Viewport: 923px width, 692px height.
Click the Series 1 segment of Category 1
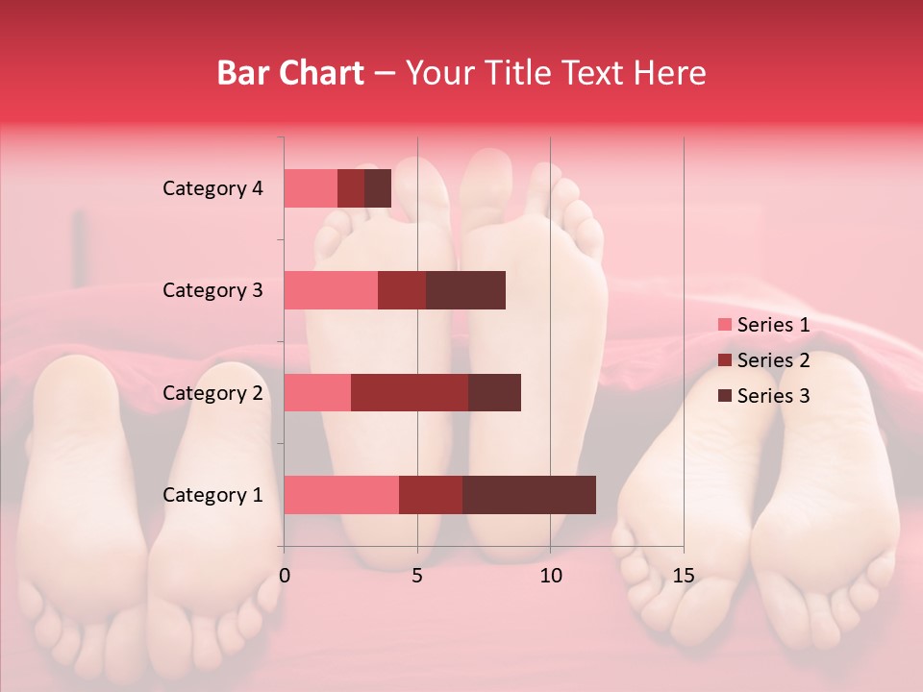point(341,495)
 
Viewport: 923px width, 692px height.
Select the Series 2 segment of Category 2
point(410,392)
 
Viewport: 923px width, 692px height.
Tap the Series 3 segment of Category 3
point(465,290)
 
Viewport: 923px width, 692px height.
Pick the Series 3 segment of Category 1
point(529,495)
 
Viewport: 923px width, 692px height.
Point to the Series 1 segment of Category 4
point(311,188)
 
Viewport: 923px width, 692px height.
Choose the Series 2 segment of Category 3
point(402,290)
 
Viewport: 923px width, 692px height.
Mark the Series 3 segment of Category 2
point(494,392)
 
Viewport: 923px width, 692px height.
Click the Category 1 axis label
point(212,495)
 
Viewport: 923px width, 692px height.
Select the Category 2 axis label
point(212,392)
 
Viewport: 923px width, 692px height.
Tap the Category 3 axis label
point(212,290)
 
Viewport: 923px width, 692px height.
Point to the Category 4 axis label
point(212,188)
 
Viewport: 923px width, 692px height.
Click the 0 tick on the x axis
point(285,576)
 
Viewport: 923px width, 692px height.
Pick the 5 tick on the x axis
point(417,576)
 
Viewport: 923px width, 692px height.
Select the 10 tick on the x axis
point(550,576)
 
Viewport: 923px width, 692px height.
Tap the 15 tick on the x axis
point(683,576)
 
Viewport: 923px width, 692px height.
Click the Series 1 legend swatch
point(724,325)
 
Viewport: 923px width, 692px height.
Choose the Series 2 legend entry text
point(773,360)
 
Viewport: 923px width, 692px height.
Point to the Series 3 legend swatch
point(724,396)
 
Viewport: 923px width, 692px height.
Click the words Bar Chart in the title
point(290,72)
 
